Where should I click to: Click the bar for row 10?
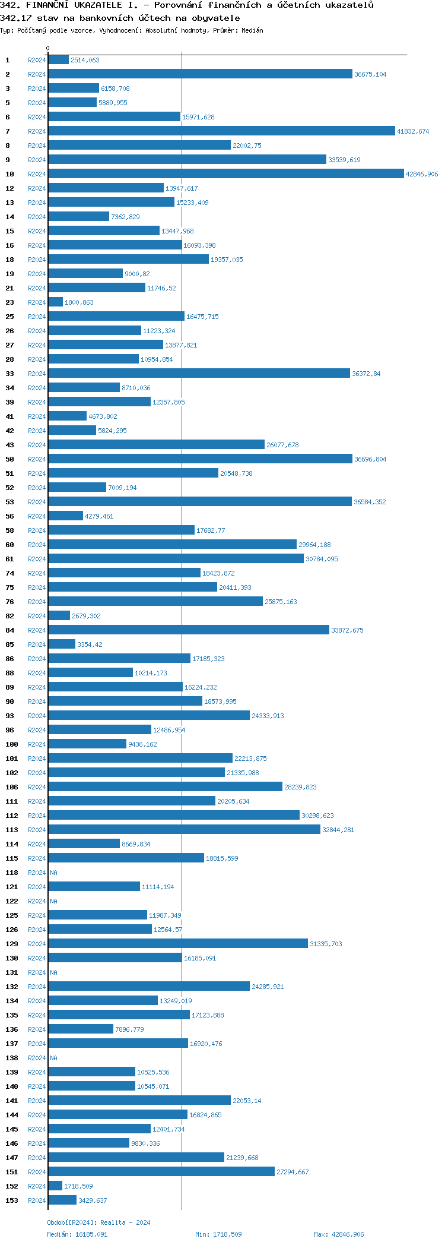click(225, 174)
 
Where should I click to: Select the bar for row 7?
click(221, 131)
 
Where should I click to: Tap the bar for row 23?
click(55, 302)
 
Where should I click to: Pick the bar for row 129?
click(178, 944)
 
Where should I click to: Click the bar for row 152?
click(55, 1186)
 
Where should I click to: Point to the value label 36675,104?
click(370, 74)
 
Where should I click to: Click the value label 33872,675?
click(347, 630)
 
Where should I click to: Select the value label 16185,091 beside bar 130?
click(200, 958)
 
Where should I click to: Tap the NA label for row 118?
click(53, 873)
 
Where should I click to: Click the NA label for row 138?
click(53, 1058)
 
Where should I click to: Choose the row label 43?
click(9, 445)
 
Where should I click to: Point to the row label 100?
click(11, 744)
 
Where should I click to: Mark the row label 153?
click(11, 1200)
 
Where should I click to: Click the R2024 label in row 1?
click(37, 60)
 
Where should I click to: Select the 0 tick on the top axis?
click(48, 49)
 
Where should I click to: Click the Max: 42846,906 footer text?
click(339, 1234)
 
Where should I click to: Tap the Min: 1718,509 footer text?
click(218, 1234)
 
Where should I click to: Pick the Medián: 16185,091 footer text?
click(77, 1234)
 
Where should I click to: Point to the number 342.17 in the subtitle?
click(15, 18)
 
